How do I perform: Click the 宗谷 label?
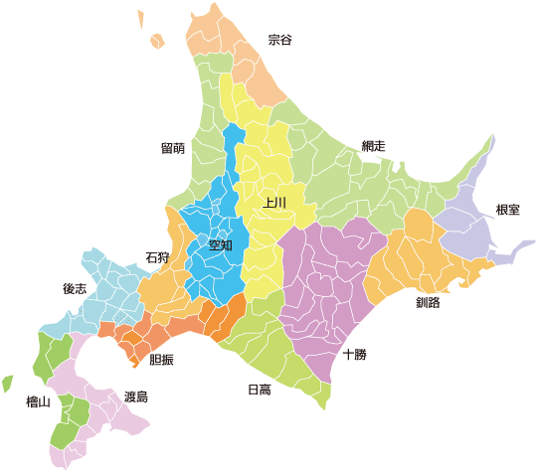pyautogui.click(x=280, y=41)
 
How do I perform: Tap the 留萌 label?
pyautogui.click(x=172, y=148)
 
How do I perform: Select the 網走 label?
pyautogui.click(x=373, y=146)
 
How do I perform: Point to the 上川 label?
pyautogui.click(x=274, y=203)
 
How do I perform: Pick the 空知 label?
pyautogui.click(x=220, y=243)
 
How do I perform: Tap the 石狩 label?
pyautogui.click(x=157, y=257)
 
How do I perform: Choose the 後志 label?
pyautogui.click(x=75, y=289)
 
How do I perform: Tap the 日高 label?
pyautogui.click(x=259, y=390)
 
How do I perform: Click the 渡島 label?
pyautogui.click(x=136, y=396)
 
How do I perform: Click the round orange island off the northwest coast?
pyautogui.click(x=156, y=41)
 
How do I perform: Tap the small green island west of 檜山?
pyautogui.click(x=7, y=383)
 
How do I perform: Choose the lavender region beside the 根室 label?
pyautogui.click(x=467, y=224)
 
